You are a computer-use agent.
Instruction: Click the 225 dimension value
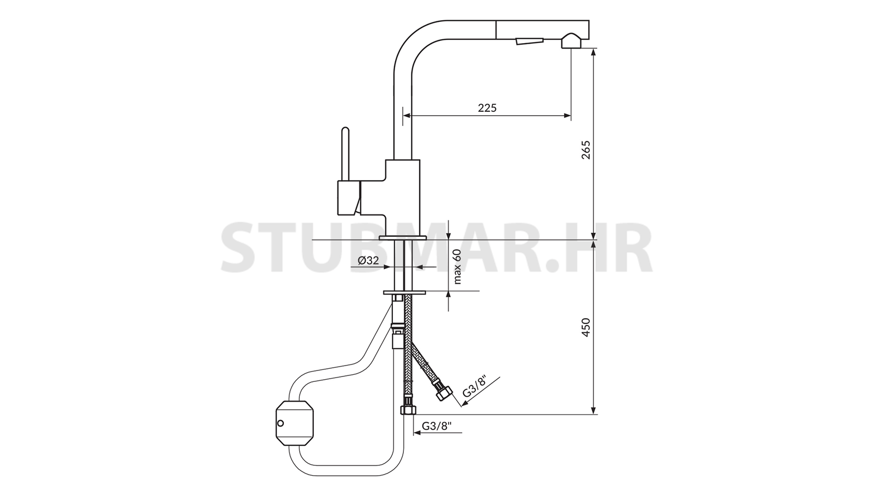coord(487,107)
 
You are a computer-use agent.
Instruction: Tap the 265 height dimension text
coord(585,150)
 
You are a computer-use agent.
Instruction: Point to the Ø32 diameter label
coord(368,260)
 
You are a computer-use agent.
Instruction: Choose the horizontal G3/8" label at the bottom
coord(437,426)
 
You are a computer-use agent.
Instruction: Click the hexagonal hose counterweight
coord(295,423)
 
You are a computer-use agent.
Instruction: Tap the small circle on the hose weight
coord(280,423)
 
